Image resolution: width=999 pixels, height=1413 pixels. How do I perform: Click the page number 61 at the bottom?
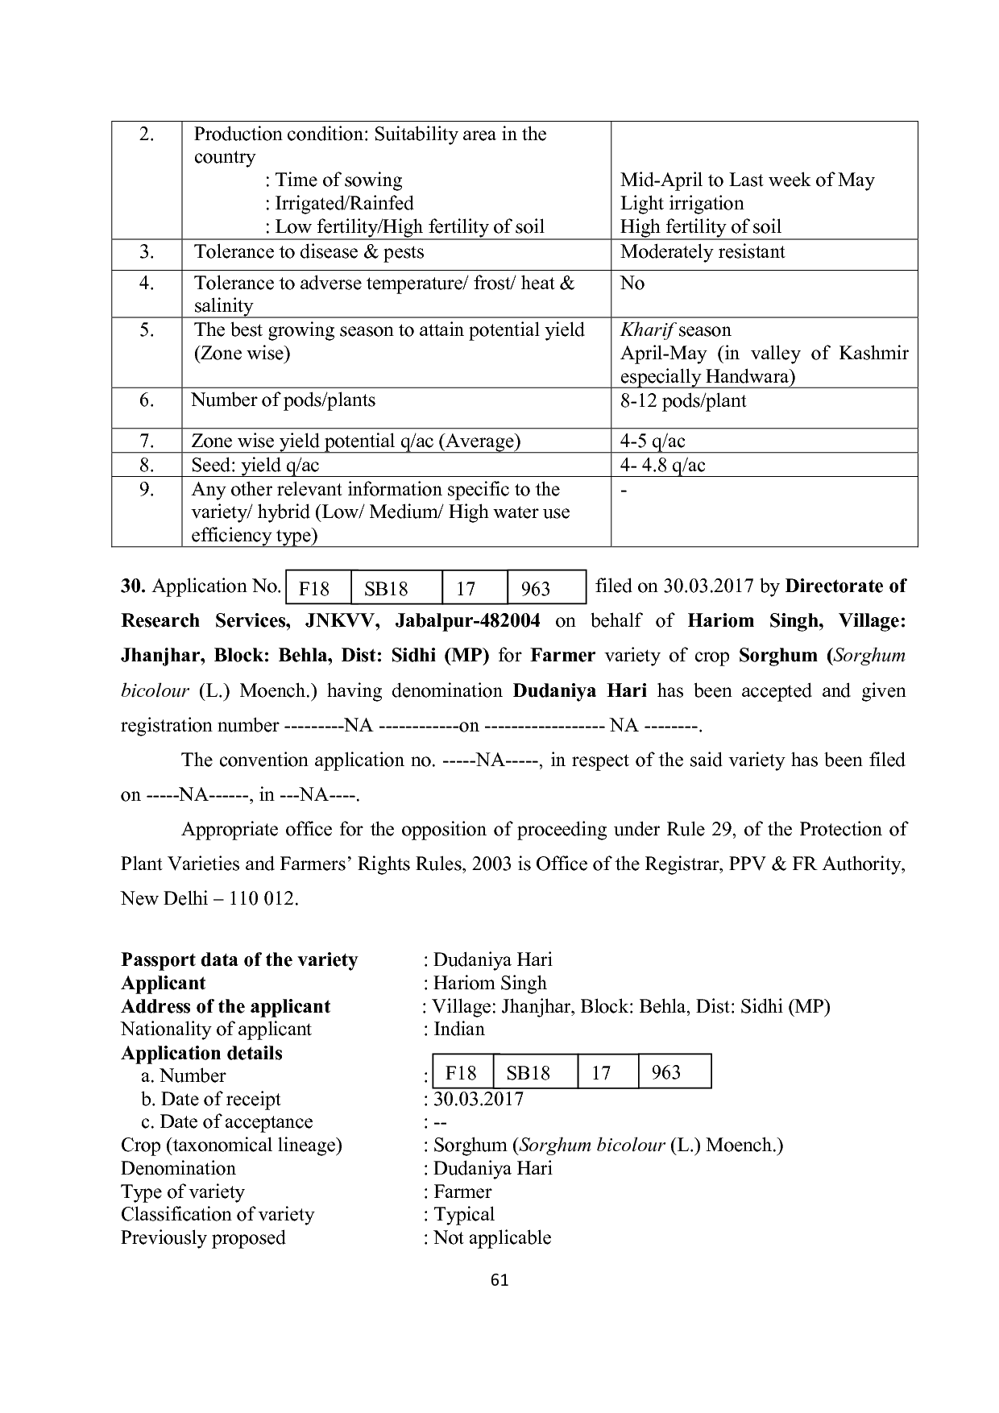pyautogui.click(x=499, y=1280)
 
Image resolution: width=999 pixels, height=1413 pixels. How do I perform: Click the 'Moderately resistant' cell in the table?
pyautogui.click(x=702, y=252)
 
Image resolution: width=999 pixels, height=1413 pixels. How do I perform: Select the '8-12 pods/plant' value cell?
pyautogui.click(x=682, y=401)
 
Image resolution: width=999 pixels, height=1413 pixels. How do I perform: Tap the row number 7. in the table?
pyautogui.click(x=147, y=441)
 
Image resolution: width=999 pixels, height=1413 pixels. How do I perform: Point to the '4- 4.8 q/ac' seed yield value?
pyautogui.click(x=662, y=466)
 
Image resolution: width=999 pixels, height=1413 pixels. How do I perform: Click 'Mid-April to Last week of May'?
pyautogui.click(x=747, y=180)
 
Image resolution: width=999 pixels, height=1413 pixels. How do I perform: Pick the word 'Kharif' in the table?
pyautogui.click(x=647, y=330)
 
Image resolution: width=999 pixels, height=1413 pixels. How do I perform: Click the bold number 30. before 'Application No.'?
pyautogui.click(x=133, y=586)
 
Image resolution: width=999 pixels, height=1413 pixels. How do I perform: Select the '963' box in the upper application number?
pyautogui.click(x=535, y=589)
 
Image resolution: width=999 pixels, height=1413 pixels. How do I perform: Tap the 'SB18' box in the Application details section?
pyautogui.click(x=528, y=1073)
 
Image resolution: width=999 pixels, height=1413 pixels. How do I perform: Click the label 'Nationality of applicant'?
pyautogui.click(x=216, y=1030)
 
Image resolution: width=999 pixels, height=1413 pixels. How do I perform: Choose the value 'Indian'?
pyautogui.click(x=458, y=1030)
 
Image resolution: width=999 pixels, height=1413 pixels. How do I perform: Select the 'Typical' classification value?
pyautogui.click(x=464, y=1215)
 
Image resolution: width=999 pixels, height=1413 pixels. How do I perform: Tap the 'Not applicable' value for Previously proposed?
pyautogui.click(x=491, y=1238)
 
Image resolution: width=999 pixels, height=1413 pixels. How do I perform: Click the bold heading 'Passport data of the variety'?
pyautogui.click(x=239, y=960)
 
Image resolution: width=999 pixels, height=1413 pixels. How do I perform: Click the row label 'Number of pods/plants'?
pyautogui.click(x=283, y=400)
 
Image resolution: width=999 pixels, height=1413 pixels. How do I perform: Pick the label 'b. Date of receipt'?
pyautogui.click(x=211, y=1100)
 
